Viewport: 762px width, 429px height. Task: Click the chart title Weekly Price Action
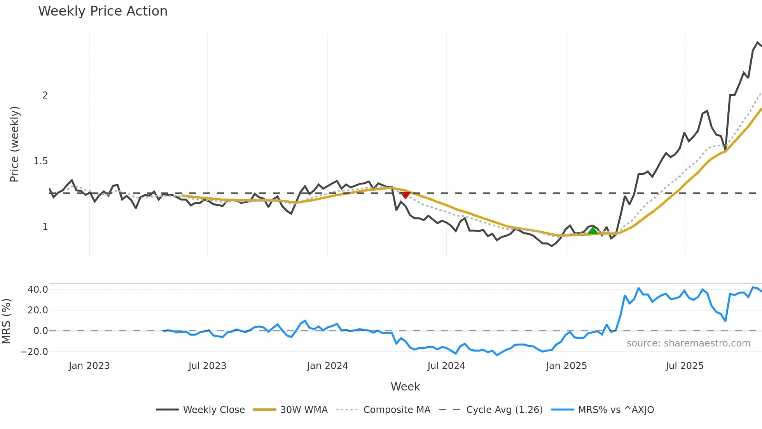(x=103, y=11)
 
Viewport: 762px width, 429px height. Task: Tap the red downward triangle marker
(x=405, y=195)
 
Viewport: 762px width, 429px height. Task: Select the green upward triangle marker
(x=593, y=231)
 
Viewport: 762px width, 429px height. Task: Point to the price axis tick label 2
(x=45, y=95)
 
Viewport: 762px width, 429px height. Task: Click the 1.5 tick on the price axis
(x=41, y=161)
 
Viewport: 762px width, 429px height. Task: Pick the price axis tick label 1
(x=45, y=227)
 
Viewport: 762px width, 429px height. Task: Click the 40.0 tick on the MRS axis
(x=38, y=290)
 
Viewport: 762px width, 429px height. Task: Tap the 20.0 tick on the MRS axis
(x=38, y=310)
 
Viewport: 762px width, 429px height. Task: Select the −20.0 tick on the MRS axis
(x=35, y=352)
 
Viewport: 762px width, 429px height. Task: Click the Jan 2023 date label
(x=89, y=366)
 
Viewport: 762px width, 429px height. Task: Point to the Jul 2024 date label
(x=446, y=366)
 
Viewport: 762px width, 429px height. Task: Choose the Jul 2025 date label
(x=684, y=366)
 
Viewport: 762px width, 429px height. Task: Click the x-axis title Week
(x=405, y=387)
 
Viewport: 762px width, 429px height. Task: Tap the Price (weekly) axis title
(x=14, y=144)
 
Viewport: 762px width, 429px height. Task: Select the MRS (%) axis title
(x=6, y=321)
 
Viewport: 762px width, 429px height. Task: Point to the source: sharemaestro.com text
(x=688, y=343)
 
